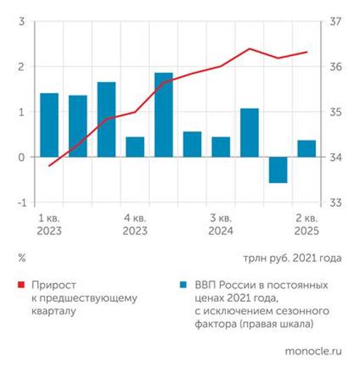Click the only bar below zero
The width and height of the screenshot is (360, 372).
coord(278,169)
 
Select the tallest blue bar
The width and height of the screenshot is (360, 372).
coord(163,115)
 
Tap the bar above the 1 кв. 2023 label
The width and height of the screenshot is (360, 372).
coord(49,125)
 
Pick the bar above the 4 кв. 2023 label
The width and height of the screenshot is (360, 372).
coord(135,147)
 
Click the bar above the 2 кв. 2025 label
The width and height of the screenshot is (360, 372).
coord(307,149)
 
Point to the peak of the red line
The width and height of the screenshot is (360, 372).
coord(250,49)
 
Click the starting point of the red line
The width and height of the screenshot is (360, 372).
coord(49,165)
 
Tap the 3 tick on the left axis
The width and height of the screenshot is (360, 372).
coord(22,22)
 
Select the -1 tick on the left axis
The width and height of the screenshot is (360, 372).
coord(21,203)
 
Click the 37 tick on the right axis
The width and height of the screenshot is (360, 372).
coord(336,22)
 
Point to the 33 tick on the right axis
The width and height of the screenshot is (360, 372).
coord(336,203)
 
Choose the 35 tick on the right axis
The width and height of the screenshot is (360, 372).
coord(336,112)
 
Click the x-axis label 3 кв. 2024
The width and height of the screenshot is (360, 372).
coord(221,225)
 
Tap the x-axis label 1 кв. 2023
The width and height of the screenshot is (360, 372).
coord(49,225)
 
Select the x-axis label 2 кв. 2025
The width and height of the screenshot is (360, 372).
coord(307,225)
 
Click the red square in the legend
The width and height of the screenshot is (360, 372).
coord(22,286)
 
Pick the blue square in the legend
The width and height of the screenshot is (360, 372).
coord(183,286)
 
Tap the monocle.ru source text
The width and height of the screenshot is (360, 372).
coord(313,351)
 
